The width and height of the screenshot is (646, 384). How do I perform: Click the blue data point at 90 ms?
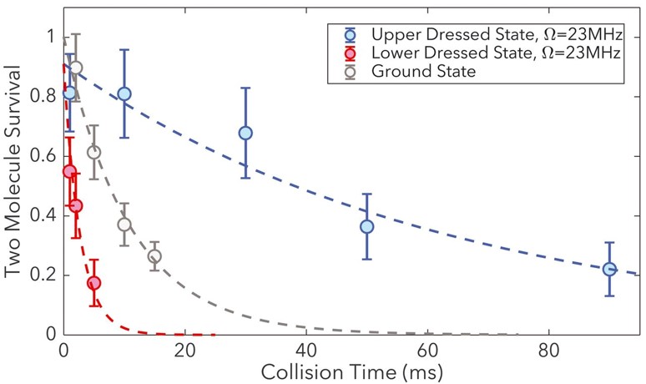(x=609, y=269)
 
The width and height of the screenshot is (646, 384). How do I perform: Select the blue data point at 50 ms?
(x=366, y=226)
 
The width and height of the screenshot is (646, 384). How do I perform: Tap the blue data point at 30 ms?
(x=245, y=133)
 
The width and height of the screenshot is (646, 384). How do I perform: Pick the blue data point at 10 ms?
(x=124, y=93)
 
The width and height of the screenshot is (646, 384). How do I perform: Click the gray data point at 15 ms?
(x=154, y=256)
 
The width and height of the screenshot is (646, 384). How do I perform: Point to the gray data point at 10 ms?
(x=124, y=225)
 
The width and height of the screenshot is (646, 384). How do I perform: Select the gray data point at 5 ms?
(x=93, y=152)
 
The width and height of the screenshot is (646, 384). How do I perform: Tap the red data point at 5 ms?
(x=93, y=283)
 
